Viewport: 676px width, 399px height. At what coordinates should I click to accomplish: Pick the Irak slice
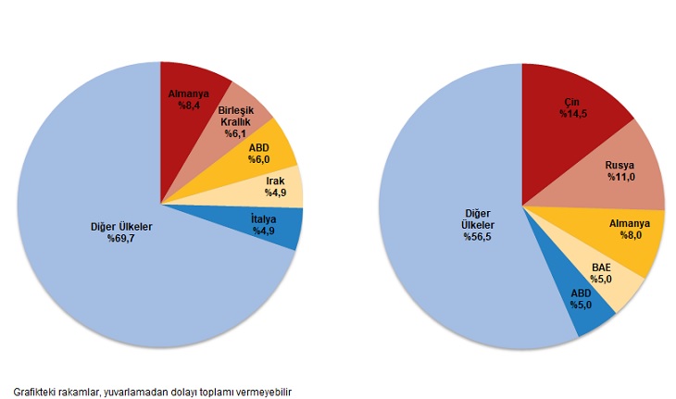pyautogui.click(x=276, y=187)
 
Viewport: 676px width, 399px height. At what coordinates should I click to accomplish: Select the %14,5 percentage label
pyautogui.click(x=574, y=114)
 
